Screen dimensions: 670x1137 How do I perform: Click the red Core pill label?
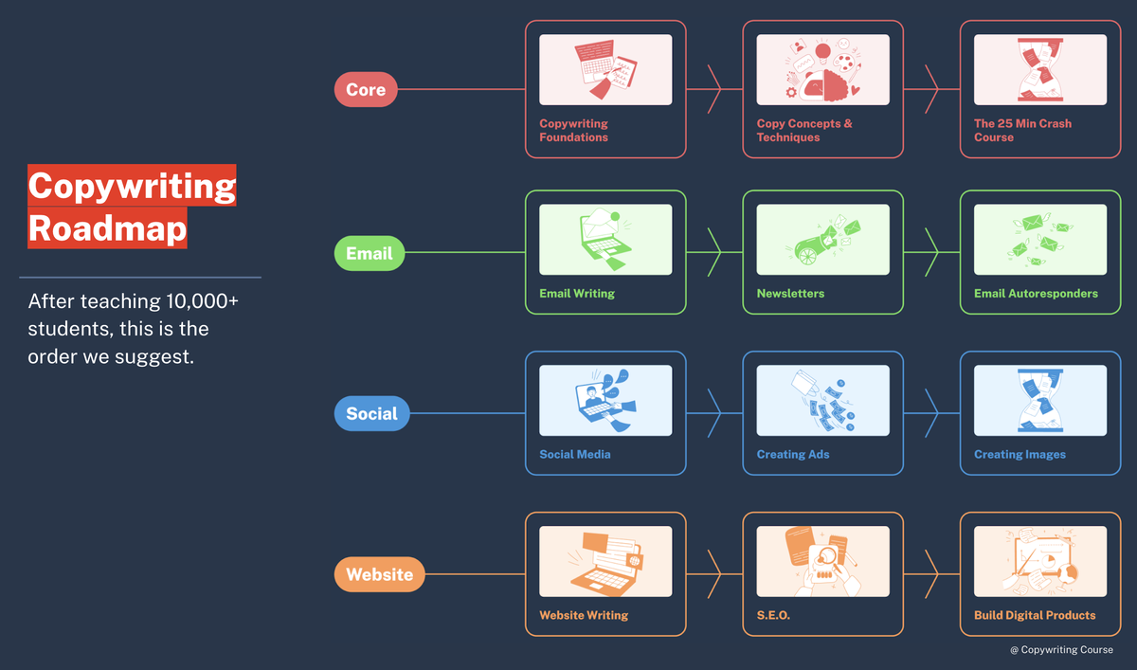(x=366, y=90)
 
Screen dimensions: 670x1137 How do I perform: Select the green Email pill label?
(x=370, y=253)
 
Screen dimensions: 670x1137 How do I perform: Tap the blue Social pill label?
(x=371, y=414)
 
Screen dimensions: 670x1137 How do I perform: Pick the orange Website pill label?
(x=379, y=574)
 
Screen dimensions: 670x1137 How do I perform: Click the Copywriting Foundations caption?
(x=573, y=130)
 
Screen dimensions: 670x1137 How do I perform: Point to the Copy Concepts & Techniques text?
(x=804, y=130)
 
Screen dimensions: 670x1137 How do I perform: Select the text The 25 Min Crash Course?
(x=1022, y=130)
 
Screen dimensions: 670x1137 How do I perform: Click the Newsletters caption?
(x=790, y=294)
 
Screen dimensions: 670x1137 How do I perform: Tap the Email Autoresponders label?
(x=1036, y=294)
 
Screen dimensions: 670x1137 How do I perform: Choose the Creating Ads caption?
(x=793, y=455)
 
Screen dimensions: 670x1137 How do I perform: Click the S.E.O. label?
(x=773, y=615)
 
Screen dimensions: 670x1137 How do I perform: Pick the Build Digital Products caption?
(x=1035, y=615)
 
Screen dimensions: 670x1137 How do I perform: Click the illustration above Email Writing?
(x=605, y=240)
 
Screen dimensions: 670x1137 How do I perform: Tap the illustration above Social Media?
(x=605, y=401)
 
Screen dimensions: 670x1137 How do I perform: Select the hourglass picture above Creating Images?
(x=1040, y=401)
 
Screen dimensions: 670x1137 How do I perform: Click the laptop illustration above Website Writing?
(x=605, y=561)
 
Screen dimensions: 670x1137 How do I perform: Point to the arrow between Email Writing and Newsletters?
(x=714, y=253)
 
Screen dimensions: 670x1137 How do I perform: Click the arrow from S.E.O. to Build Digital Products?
(x=931, y=574)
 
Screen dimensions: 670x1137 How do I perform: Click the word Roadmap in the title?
(x=107, y=228)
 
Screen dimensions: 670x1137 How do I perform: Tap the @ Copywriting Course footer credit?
(x=1061, y=650)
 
